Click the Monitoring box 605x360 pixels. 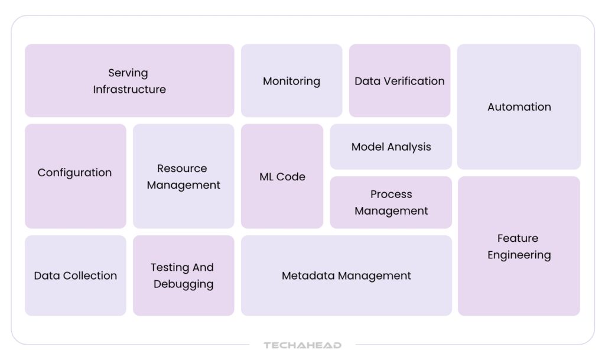[x=291, y=80]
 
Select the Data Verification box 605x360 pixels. [x=399, y=80]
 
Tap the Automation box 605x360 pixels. [x=519, y=106]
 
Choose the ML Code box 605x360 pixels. [x=282, y=176]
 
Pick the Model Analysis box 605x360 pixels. [x=391, y=147]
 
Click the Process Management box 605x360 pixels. [x=391, y=202]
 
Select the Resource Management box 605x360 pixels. [x=183, y=176]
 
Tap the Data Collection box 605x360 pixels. [x=75, y=275]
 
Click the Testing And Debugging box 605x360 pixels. [x=183, y=275]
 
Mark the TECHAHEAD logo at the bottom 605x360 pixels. [x=302, y=345]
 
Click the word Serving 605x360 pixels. [x=128, y=73]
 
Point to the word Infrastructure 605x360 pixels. [x=129, y=90]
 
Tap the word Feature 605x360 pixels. [x=518, y=239]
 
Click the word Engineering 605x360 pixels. [x=519, y=255]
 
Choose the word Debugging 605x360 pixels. [x=183, y=284]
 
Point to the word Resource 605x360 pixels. [x=182, y=168]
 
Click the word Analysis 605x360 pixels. [x=408, y=147]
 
